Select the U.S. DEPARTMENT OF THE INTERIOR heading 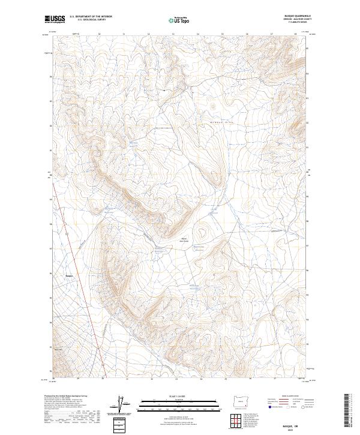(x=91, y=17)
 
